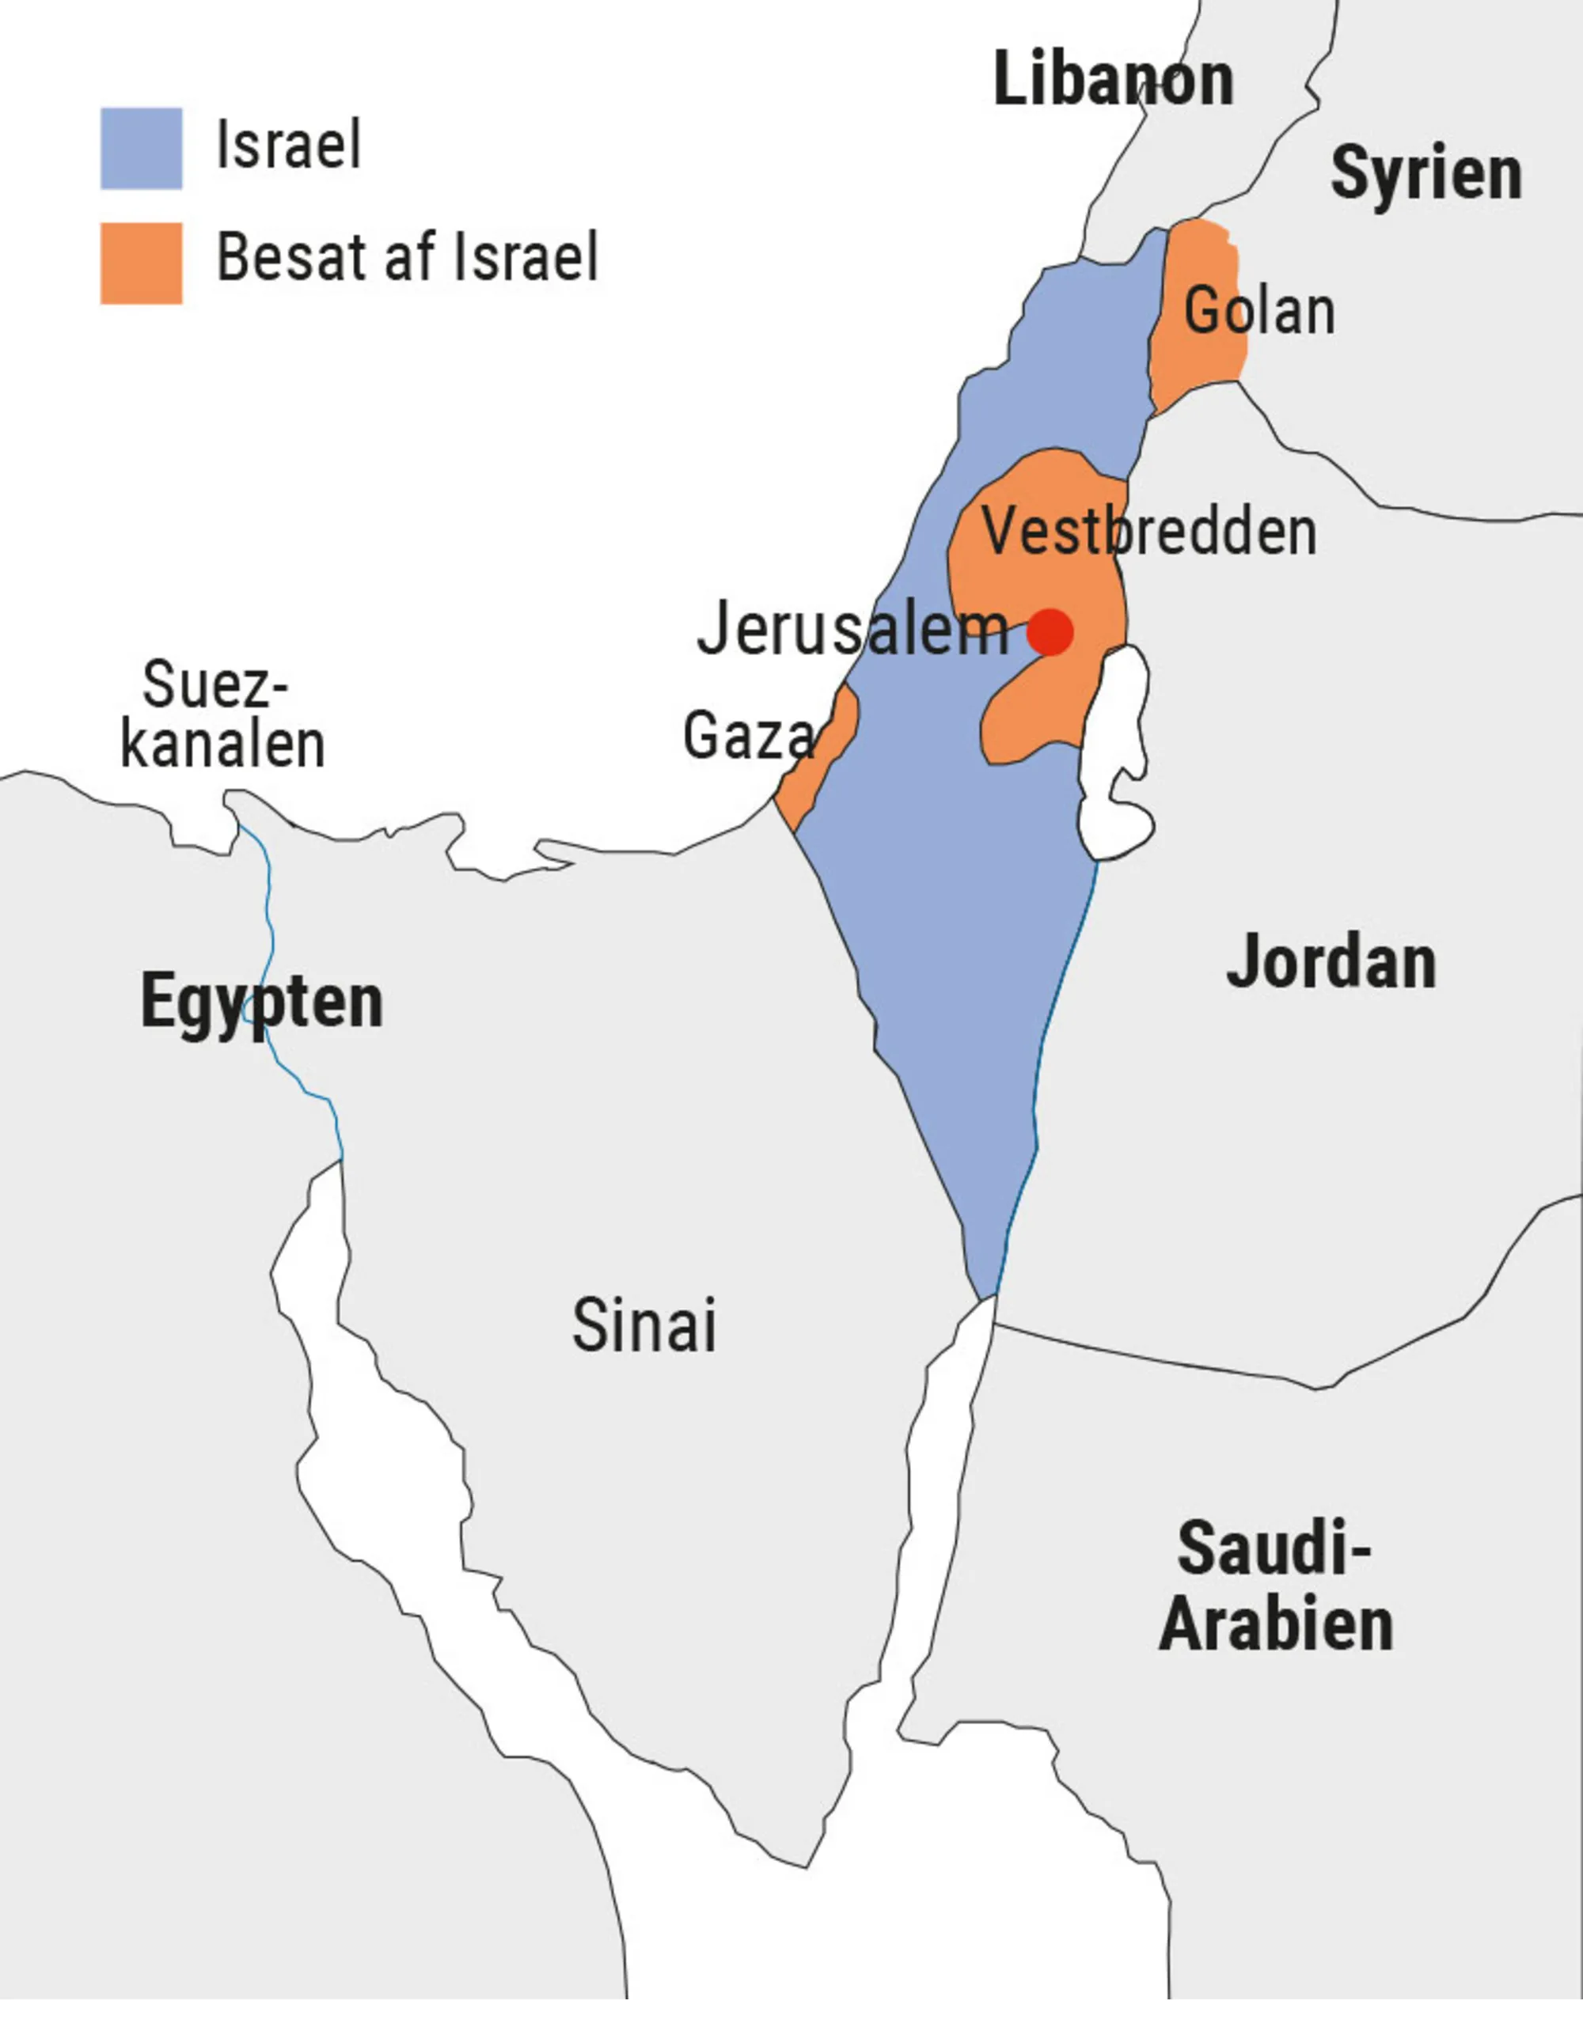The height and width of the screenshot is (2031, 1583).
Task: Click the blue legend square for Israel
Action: click(x=142, y=149)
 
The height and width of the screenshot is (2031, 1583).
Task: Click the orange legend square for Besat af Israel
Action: click(x=142, y=263)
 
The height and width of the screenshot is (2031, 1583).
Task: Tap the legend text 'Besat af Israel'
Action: click(x=407, y=258)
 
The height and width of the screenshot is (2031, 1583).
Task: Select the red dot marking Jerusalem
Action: click(x=1051, y=632)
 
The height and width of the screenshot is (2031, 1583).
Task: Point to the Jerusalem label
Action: click(x=852, y=630)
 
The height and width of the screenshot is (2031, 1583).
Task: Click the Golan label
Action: click(x=1258, y=311)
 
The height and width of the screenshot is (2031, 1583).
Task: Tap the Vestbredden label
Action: click(x=1148, y=532)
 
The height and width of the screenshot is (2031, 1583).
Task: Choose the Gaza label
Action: click(x=748, y=737)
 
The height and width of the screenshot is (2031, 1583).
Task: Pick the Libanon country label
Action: click(x=1112, y=80)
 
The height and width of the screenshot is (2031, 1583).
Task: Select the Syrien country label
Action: click(x=1425, y=174)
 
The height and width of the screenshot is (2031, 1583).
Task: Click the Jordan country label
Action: click(x=1331, y=963)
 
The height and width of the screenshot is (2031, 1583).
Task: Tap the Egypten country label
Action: click(x=261, y=1002)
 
